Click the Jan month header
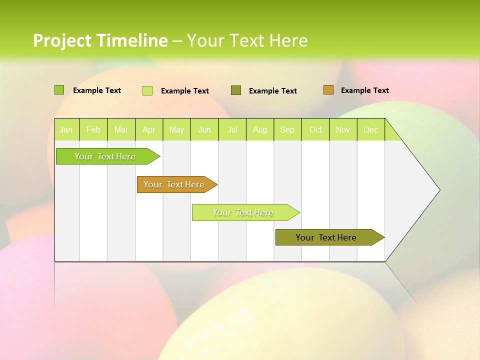pyautogui.click(x=66, y=130)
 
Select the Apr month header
pyautogui.click(x=148, y=130)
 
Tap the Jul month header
pyautogui.click(x=232, y=130)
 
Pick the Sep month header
pyautogui.click(x=287, y=130)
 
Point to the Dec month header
pyautogui.click(x=370, y=130)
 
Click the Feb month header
pyautogui.click(x=93, y=130)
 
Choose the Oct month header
pyautogui.click(x=315, y=130)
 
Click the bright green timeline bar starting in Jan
pyautogui.click(x=105, y=156)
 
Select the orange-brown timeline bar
pyautogui.click(x=174, y=184)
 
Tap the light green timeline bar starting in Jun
pyautogui.click(x=243, y=212)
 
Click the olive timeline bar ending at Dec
pyautogui.click(x=326, y=237)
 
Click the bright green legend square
pyautogui.click(x=59, y=90)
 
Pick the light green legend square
pyautogui.click(x=147, y=90)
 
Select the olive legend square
pyautogui.click(x=236, y=90)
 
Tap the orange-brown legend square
pyautogui.click(x=328, y=90)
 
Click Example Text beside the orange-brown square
pyautogui.click(x=364, y=90)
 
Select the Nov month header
pyautogui.click(x=343, y=130)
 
